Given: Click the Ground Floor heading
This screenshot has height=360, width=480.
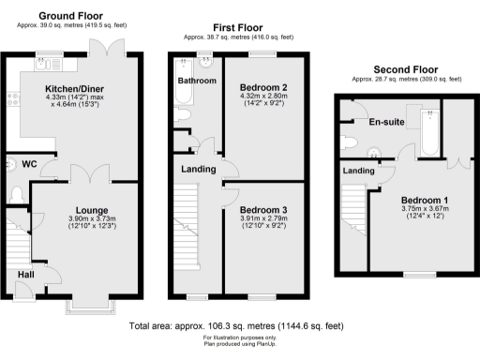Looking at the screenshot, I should (x=71, y=17).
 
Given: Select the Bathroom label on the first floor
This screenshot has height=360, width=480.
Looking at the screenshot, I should (x=197, y=82).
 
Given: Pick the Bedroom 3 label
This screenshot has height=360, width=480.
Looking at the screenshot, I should (x=262, y=209).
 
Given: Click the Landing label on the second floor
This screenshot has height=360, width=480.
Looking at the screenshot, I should (x=357, y=171).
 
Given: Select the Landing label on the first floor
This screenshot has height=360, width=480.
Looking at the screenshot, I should (x=198, y=169).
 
